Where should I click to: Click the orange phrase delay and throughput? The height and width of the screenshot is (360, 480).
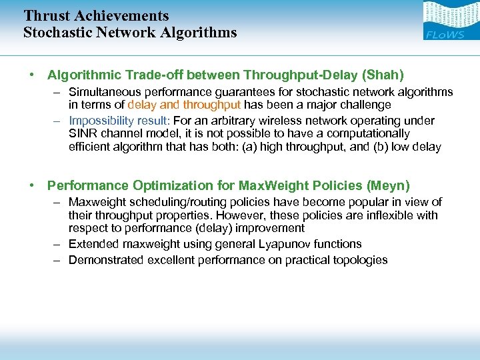coord(184,105)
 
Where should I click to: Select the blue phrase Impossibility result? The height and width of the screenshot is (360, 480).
coord(119,121)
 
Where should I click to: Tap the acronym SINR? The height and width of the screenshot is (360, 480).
coord(83,133)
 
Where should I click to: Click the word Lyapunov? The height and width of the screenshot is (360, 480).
coord(289,244)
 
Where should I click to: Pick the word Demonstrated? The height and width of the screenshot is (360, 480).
coord(105,260)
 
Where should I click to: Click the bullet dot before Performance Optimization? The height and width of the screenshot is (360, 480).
coord(32,186)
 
